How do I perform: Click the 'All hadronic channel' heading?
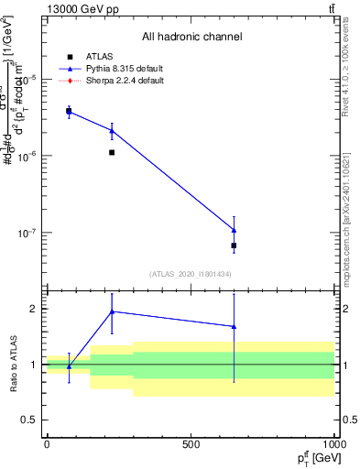click(x=191, y=38)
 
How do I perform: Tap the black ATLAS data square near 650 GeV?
click(x=235, y=245)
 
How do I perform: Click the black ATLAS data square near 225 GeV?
click(x=112, y=152)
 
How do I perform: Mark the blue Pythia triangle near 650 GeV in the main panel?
click(x=235, y=230)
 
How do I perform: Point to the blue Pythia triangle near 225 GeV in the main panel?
click(x=112, y=131)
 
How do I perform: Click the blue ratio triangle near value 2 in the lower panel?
click(x=112, y=311)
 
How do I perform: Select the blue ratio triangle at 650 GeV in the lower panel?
click(x=235, y=326)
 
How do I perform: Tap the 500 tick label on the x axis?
click(x=191, y=444)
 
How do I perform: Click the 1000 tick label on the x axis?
click(x=332, y=444)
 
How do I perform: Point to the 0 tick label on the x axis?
click(x=47, y=444)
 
